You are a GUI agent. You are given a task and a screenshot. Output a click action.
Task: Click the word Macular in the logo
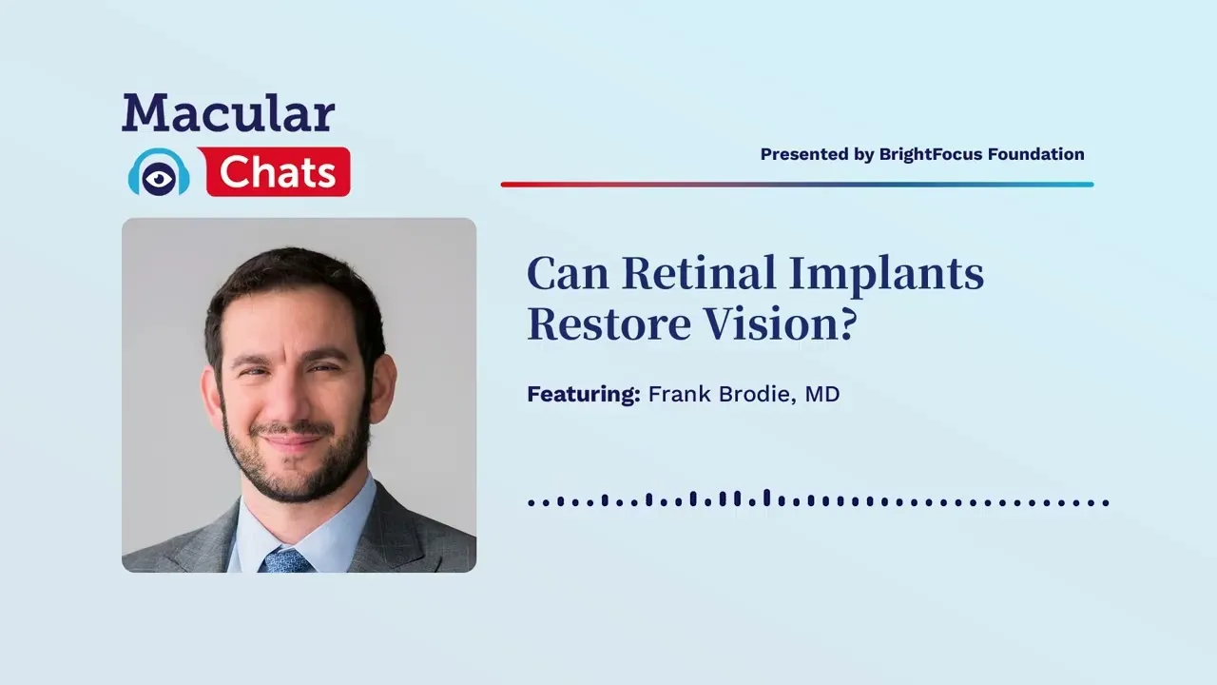pos(228,112)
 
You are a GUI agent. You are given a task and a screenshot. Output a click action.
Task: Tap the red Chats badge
pos(278,172)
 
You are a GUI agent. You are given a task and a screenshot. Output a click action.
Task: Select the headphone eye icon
pos(159,173)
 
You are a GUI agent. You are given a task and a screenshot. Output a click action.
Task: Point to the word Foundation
pos(1035,154)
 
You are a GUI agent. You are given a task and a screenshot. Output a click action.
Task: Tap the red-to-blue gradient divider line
pos(797,185)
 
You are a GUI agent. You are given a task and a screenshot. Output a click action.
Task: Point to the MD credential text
pos(822,394)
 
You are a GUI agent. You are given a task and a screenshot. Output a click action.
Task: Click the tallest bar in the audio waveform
pos(766,499)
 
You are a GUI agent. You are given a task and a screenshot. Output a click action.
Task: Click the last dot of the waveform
pos(1106,502)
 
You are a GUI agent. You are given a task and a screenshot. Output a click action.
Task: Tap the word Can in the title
pos(568,274)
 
